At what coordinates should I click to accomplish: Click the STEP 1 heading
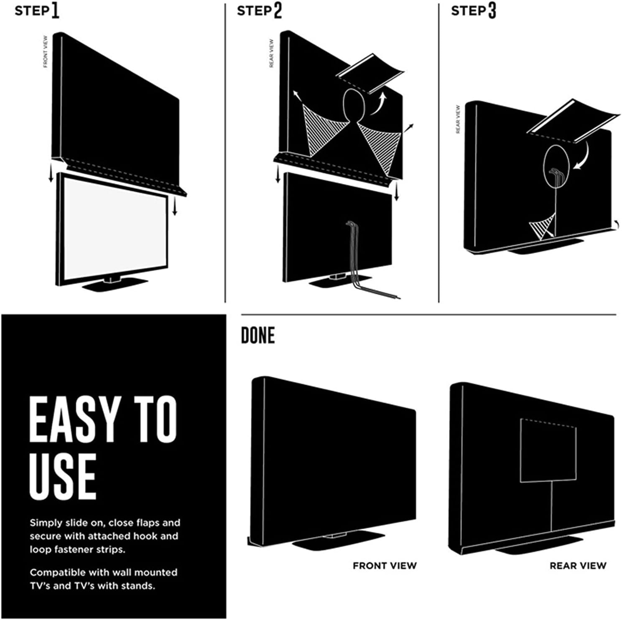tap(37, 11)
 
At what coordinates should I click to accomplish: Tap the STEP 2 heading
tap(259, 11)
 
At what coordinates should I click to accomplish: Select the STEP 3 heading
tap(473, 11)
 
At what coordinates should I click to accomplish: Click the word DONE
tap(258, 335)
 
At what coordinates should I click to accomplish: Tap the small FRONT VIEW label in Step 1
tap(46, 51)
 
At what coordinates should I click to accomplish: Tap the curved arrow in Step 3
tap(583, 157)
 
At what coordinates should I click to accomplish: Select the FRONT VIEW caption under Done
tap(385, 566)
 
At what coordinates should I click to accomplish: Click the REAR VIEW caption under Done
tap(578, 566)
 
